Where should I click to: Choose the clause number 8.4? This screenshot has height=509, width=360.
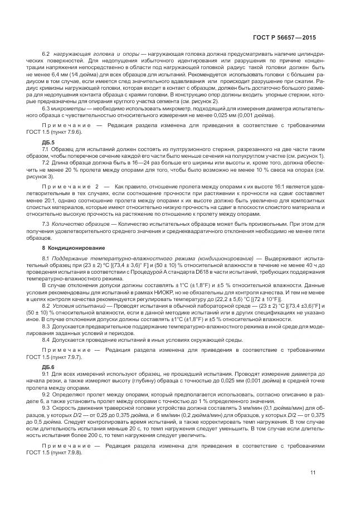tap(47, 338)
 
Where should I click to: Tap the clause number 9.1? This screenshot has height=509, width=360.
tap(47, 374)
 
